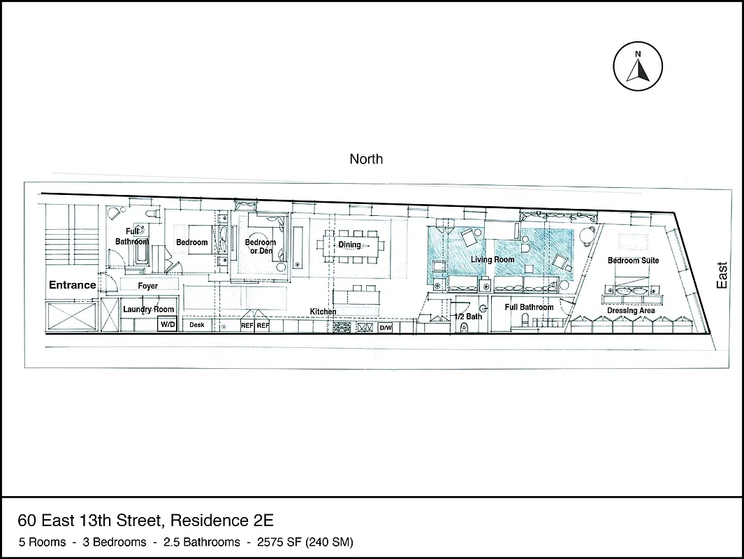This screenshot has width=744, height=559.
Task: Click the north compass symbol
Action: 637,66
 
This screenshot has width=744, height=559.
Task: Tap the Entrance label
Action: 72,285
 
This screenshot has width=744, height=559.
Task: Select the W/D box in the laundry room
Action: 168,325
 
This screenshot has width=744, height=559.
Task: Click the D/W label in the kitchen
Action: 386,327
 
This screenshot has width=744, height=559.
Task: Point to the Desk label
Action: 197,325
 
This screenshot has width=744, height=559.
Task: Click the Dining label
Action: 349,245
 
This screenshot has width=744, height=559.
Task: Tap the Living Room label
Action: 492,260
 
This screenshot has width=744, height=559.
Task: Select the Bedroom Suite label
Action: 633,261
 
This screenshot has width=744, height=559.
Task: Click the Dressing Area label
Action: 630,310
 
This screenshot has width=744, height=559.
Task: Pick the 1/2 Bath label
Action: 468,317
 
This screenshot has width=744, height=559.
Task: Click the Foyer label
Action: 147,286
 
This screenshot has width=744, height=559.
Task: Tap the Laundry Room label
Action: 148,309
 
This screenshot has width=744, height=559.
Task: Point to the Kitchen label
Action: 323,311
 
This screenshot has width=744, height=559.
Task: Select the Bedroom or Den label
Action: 260,247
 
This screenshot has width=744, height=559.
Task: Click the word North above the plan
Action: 366,159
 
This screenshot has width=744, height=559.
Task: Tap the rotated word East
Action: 722,275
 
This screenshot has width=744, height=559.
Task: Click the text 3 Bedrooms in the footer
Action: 115,542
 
